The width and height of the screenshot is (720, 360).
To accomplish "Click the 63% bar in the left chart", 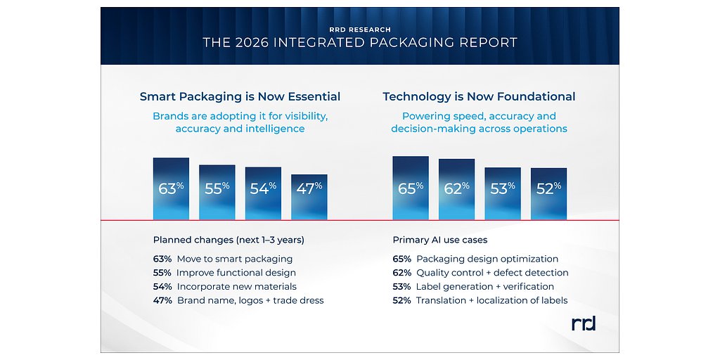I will (x=171, y=188).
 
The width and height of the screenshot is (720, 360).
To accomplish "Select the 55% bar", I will (x=217, y=192).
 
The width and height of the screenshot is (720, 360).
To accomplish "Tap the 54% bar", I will (x=263, y=193).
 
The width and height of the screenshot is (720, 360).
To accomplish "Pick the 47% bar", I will (x=309, y=196).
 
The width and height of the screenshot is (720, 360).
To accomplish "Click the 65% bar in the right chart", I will (x=410, y=188).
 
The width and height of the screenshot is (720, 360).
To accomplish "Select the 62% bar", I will (x=456, y=189).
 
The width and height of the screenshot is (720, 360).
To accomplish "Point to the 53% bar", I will (x=502, y=193).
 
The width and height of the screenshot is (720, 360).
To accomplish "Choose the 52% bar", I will (x=548, y=193).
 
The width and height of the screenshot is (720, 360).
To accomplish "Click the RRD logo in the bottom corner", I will (x=584, y=323).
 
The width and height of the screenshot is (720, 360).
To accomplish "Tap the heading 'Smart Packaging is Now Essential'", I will (x=240, y=97).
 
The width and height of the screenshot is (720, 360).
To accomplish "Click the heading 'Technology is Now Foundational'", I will (x=479, y=97).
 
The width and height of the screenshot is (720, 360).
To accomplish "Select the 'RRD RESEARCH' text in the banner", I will (x=360, y=30).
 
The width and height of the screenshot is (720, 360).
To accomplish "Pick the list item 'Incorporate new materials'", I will (x=236, y=287).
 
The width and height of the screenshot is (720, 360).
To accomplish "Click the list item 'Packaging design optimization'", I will (x=487, y=259).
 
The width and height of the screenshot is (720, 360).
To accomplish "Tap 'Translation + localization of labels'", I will (x=491, y=301).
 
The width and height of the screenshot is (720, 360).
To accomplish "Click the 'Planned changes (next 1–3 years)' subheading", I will (x=229, y=240).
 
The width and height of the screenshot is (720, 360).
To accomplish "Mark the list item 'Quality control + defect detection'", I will (x=491, y=273).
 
